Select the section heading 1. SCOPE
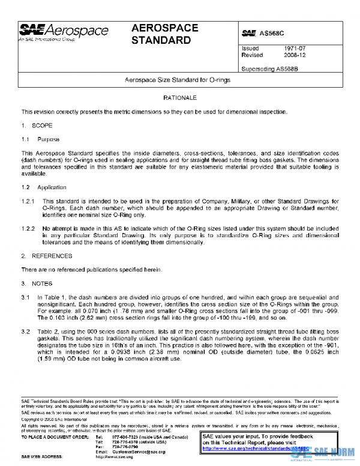pyautogui.click(x=37, y=126)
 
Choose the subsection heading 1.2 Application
pyautogui.click(x=44, y=188)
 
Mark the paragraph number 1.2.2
pyautogui.click(x=28, y=229)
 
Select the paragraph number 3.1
pyautogui.click(x=26, y=297)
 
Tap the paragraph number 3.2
pyautogui.click(x=26, y=331)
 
